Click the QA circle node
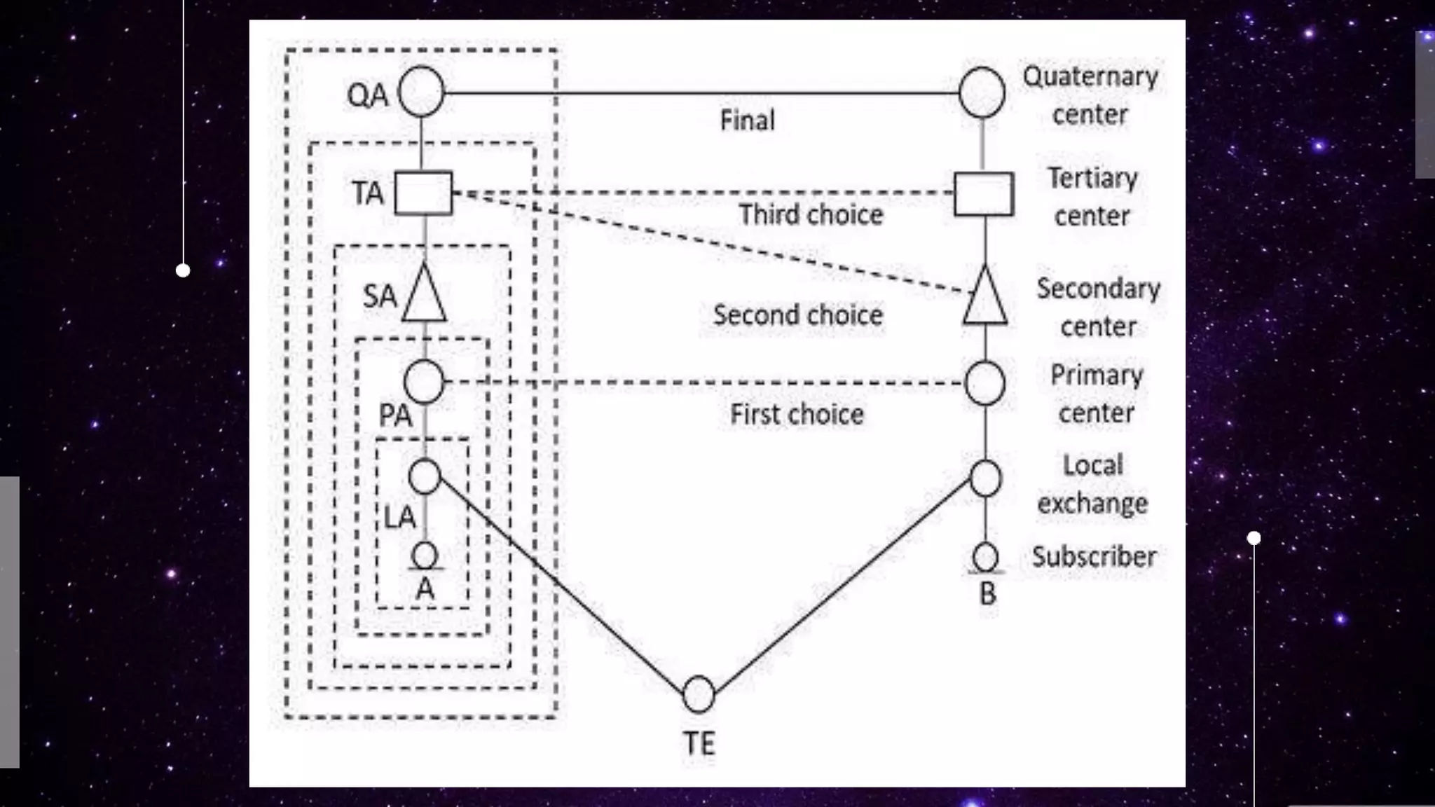click(421, 92)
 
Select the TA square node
click(423, 193)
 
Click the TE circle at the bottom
click(698, 694)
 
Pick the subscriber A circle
click(424, 556)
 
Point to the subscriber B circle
click(985, 558)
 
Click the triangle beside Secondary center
click(985, 298)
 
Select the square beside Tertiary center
click(984, 194)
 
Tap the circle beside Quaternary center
click(982, 92)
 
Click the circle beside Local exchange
click(985, 478)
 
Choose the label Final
click(747, 120)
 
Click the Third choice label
click(811, 215)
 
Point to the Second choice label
click(797, 315)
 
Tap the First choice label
click(797, 415)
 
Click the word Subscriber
click(1094, 557)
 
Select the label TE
click(699, 744)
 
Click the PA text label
click(395, 415)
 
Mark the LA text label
click(400, 518)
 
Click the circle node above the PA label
click(424, 382)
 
